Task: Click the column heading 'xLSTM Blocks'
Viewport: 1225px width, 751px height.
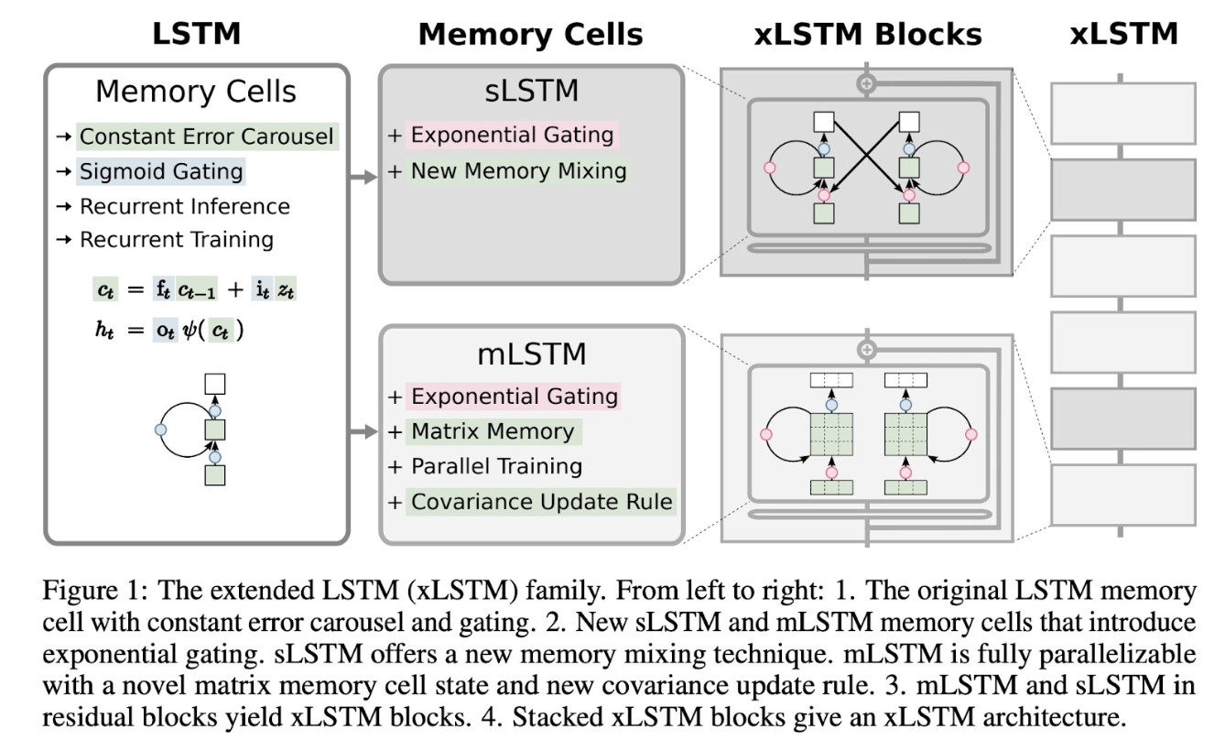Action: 868,35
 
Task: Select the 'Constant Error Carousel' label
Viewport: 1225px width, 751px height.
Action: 206,136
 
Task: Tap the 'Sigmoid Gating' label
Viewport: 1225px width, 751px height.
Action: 161,171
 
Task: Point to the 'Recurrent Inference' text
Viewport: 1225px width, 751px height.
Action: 185,206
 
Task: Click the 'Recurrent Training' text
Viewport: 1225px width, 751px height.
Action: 177,240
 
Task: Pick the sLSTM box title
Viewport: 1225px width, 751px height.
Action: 532,91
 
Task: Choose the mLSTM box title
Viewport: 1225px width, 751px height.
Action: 532,354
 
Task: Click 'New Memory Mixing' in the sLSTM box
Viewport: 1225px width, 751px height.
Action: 518,170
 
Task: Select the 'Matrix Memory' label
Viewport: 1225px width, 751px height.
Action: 493,431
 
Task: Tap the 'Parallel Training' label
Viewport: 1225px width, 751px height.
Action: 496,466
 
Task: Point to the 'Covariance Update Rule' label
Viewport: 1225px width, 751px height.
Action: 541,502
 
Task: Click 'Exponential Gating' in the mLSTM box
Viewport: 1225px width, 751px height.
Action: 515,396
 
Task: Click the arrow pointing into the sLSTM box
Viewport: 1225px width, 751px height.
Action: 363,177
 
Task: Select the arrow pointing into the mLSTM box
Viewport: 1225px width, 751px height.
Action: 363,431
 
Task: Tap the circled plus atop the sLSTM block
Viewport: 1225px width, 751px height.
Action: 866,83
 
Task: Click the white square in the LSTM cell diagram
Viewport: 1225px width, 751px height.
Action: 215,384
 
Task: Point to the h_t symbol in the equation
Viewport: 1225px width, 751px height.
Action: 104,330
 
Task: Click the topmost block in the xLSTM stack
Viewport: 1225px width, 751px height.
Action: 1123,114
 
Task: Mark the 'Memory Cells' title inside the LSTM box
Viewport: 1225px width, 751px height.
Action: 196,92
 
